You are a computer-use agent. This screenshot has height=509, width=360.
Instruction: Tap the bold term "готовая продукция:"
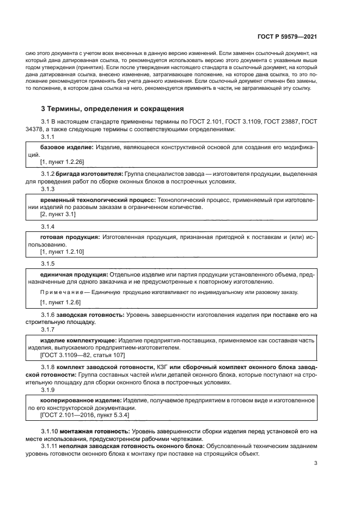(x=70, y=237)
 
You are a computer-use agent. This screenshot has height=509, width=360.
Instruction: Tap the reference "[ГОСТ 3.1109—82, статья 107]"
(x=82, y=355)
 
